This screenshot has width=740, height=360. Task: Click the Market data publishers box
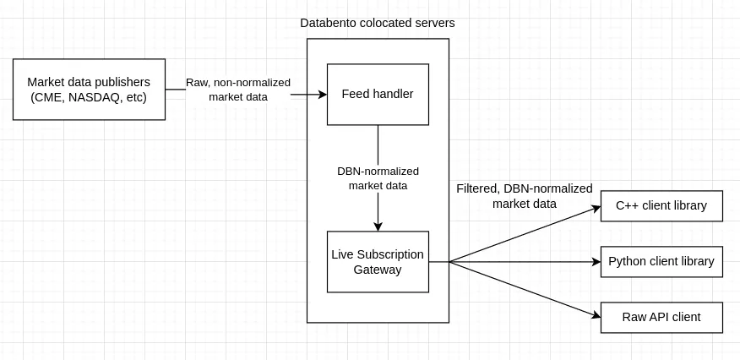pyautogui.click(x=89, y=90)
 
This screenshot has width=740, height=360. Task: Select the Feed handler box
pyautogui.click(x=378, y=95)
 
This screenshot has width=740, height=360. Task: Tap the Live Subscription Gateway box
pyautogui.click(x=378, y=262)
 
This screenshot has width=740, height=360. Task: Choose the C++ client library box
pyautogui.click(x=661, y=205)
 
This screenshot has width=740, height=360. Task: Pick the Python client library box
pyautogui.click(x=661, y=261)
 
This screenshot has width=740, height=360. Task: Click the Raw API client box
pyautogui.click(x=661, y=317)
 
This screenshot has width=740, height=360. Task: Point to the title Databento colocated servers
pyautogui.click(x=378, y=23)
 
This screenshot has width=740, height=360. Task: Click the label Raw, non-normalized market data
pyautogui.click(x=238, y=90)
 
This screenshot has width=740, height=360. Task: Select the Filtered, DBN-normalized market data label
pyautogui.click(x=525, y=196)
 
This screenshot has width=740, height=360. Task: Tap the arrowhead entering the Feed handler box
pyautogui.click(x=323, y=95)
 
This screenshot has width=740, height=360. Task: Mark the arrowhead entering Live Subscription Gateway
pyautogui.click(x=378, y=226)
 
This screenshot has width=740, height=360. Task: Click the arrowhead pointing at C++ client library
pyautogui.click(x=596, y=208)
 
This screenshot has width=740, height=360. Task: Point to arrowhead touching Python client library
pyautogui.click(x=596, y=262)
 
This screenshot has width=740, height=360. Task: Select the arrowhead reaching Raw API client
pyautogui.click(x=596, y=315)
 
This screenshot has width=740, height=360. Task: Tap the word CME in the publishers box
pyautogui.click(x=47, y=98)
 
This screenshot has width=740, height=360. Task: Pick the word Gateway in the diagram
pyautogui.click(x=378, y=270)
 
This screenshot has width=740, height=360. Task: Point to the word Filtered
pyautogui.click(x=477, y=188)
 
